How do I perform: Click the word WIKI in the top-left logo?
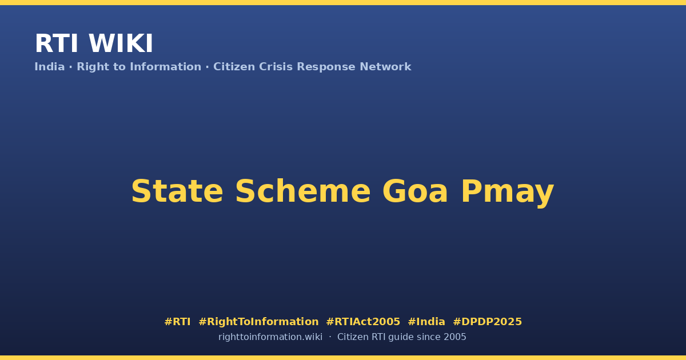click(x=121, y=43)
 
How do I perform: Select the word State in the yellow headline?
click(x=177, y=191)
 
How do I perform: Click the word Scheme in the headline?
click(x=303, y=191)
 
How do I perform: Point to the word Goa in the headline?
click(x=415, y=191)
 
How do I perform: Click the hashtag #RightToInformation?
click(x=258, y=322)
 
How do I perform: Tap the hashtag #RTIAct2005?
click(x=363, y=322)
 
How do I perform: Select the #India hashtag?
click(x=426, y=322)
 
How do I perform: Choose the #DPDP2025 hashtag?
click(x=487, y=322)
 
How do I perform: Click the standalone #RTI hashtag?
click(x=177, y=322)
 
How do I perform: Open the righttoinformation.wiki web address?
click(x=270, y=337)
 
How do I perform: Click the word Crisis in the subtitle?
click(x=276, y=67)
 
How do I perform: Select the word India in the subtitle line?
click(x=50, y=67)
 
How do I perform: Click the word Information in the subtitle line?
click(x=165, y=67)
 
